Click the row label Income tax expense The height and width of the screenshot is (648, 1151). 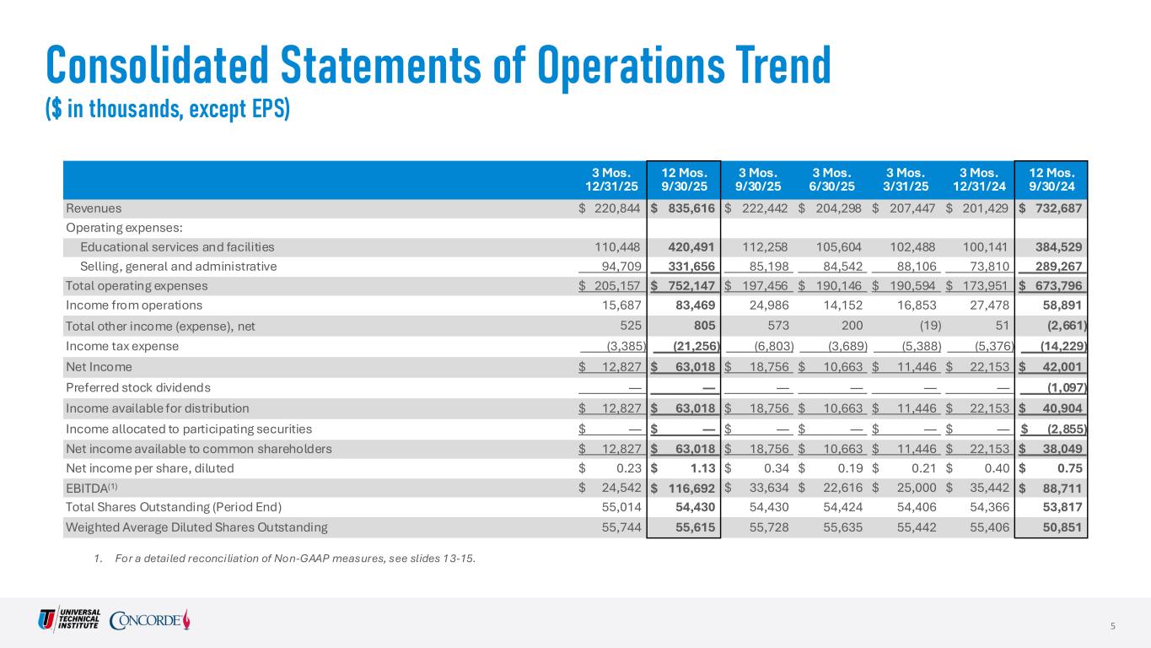pos(121,346)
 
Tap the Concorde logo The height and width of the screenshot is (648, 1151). pos(151,620)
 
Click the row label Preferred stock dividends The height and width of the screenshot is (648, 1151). pos(137,387)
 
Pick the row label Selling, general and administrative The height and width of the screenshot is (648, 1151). pos(178,267)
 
